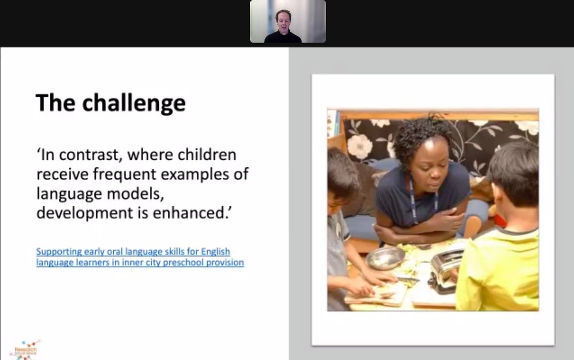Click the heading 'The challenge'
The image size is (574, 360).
pyautogui.click(x=110, y=103)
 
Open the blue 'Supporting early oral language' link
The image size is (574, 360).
pyautogui.click(x=133, y=251)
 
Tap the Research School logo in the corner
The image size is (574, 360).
pyautogui.click(x=25, y=350)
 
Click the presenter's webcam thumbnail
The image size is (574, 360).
pyautogui.click(x=287, y=22)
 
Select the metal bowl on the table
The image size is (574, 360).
pyautogui.click(x=385, y=258)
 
